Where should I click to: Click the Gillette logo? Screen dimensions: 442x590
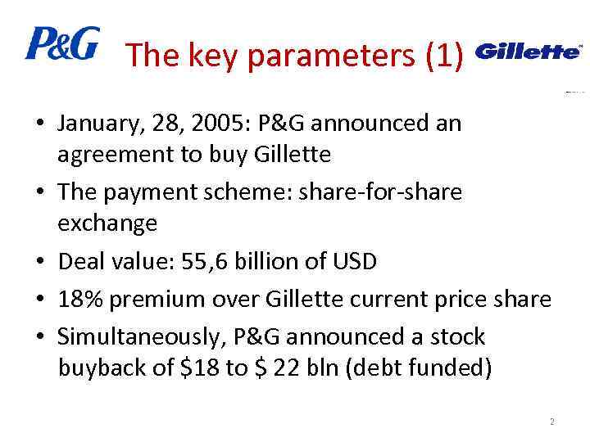pyautogui.click(x=528, y=52)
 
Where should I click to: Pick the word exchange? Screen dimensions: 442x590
pyautogui.click(x=107, y=223)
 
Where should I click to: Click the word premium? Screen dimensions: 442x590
pyautogui.click(x=149, y=300)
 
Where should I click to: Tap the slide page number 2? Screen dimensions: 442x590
pyautogui.click(x=552, y=422)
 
